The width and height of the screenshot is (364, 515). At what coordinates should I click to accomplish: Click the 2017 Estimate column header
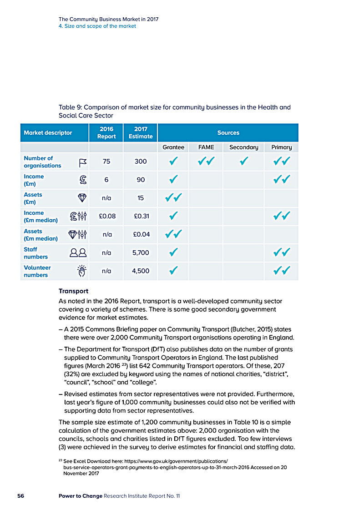pos(141,132)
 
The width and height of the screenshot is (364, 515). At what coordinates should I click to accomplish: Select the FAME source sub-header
pos(206,147)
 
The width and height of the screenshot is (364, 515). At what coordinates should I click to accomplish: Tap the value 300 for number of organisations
pos(141,162)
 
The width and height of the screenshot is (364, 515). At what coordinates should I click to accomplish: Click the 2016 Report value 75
pos(106,162)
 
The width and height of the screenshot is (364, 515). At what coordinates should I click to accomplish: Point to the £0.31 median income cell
pos(141,216)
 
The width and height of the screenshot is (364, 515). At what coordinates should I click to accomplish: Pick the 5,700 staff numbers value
pos(141,252)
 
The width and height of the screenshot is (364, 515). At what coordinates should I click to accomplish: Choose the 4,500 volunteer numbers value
pos(141,271)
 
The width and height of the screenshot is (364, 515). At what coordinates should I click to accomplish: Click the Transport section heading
pos(73,291)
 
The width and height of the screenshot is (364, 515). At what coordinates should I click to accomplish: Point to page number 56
pos(21,496)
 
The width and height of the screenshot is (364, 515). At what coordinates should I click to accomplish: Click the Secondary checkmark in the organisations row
pos(244,162)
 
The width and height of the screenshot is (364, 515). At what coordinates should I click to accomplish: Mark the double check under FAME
pos(207,162)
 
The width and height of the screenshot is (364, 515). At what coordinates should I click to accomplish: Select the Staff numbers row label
pos(36,253)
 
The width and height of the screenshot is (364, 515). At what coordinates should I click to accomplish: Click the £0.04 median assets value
pos(141,234)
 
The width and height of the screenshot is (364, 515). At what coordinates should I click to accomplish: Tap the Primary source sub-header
pos(282,147)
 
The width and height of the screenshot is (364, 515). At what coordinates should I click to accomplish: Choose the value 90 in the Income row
pos(141,180)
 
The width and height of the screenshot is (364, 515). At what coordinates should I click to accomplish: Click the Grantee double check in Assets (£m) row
pos(173,198)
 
